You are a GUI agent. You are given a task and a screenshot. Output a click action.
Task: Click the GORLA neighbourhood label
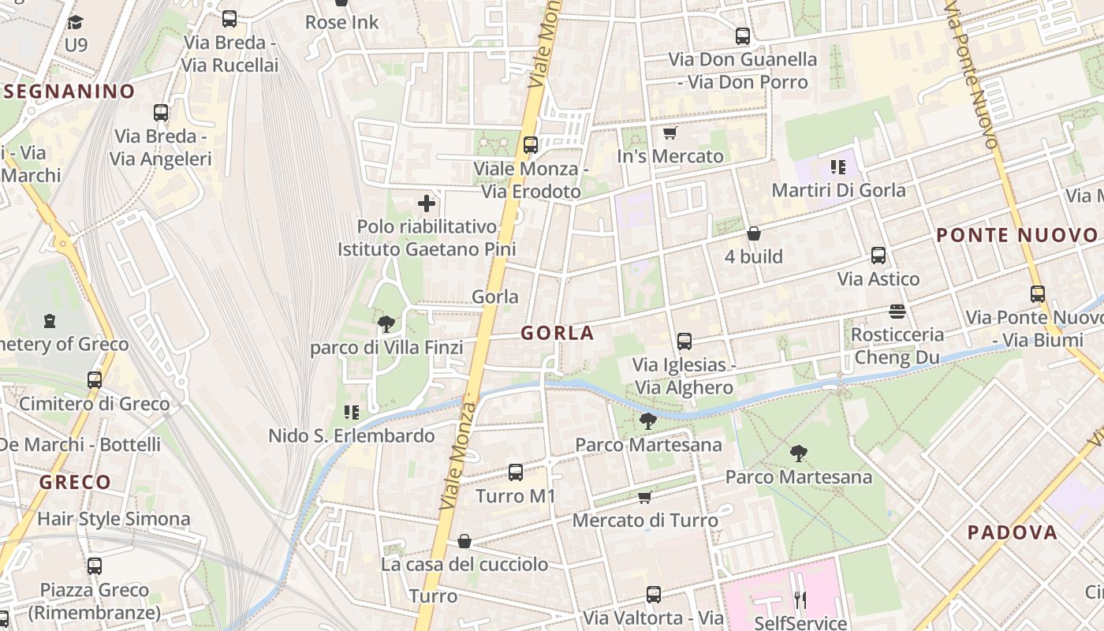[x=557, y=333]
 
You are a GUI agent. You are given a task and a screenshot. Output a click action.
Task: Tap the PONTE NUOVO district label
[x=1016, y=235]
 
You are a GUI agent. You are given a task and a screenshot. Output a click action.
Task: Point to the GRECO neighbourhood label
[x=75, y=482]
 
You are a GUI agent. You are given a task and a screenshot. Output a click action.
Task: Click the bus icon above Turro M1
[x=516, y=472]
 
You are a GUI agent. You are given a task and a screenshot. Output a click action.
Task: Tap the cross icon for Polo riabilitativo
[x=427, y=204]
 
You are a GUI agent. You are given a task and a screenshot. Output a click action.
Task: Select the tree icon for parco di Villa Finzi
[x=386, y=323]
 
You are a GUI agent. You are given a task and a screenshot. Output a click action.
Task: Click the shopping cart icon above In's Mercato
[x=670, y=133]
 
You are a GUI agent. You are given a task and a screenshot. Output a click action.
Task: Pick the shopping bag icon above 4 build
[x=754, y=233]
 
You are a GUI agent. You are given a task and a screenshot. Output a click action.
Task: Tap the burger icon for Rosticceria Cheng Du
[x=897, y=311]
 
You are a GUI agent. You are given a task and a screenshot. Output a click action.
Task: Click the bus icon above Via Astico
[x=878, y=256]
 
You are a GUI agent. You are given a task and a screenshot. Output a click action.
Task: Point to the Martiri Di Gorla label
[x=838, y=190]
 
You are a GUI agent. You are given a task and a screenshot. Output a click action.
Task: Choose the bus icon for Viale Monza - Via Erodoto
[x=531, y=145]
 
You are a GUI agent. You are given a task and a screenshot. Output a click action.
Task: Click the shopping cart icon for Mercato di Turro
[x=645, y=497]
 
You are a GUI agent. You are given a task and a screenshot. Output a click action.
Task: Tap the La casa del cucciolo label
[x=464, y=564]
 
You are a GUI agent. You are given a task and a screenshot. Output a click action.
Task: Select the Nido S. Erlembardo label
[x=352, y=435]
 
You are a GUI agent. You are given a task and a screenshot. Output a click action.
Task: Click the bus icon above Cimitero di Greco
[x=95, y=380]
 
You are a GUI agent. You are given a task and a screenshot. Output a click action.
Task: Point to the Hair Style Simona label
[x=114, y=519]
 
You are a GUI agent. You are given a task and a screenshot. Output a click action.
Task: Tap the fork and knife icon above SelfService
[x=800, y=600]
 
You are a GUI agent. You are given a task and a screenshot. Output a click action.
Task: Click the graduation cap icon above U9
[x=76, y=22]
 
